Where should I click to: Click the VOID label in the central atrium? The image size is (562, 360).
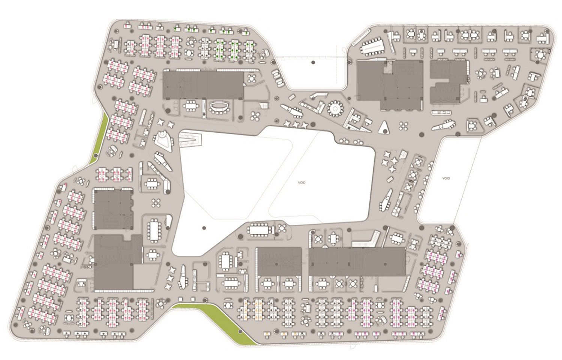pos(302,183)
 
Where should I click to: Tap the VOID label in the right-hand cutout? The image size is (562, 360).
pos(446,178)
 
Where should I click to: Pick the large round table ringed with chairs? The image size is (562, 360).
pos(335,109)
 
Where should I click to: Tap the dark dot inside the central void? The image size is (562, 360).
pos(204,228)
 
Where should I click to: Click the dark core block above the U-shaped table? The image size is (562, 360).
pos(203,85)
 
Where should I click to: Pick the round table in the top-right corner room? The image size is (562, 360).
pos(540,55)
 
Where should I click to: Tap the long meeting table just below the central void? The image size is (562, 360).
pos(259,229)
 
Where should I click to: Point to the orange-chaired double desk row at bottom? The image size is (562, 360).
pos(252,310)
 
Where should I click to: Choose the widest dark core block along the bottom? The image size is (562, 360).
pos(357,261)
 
